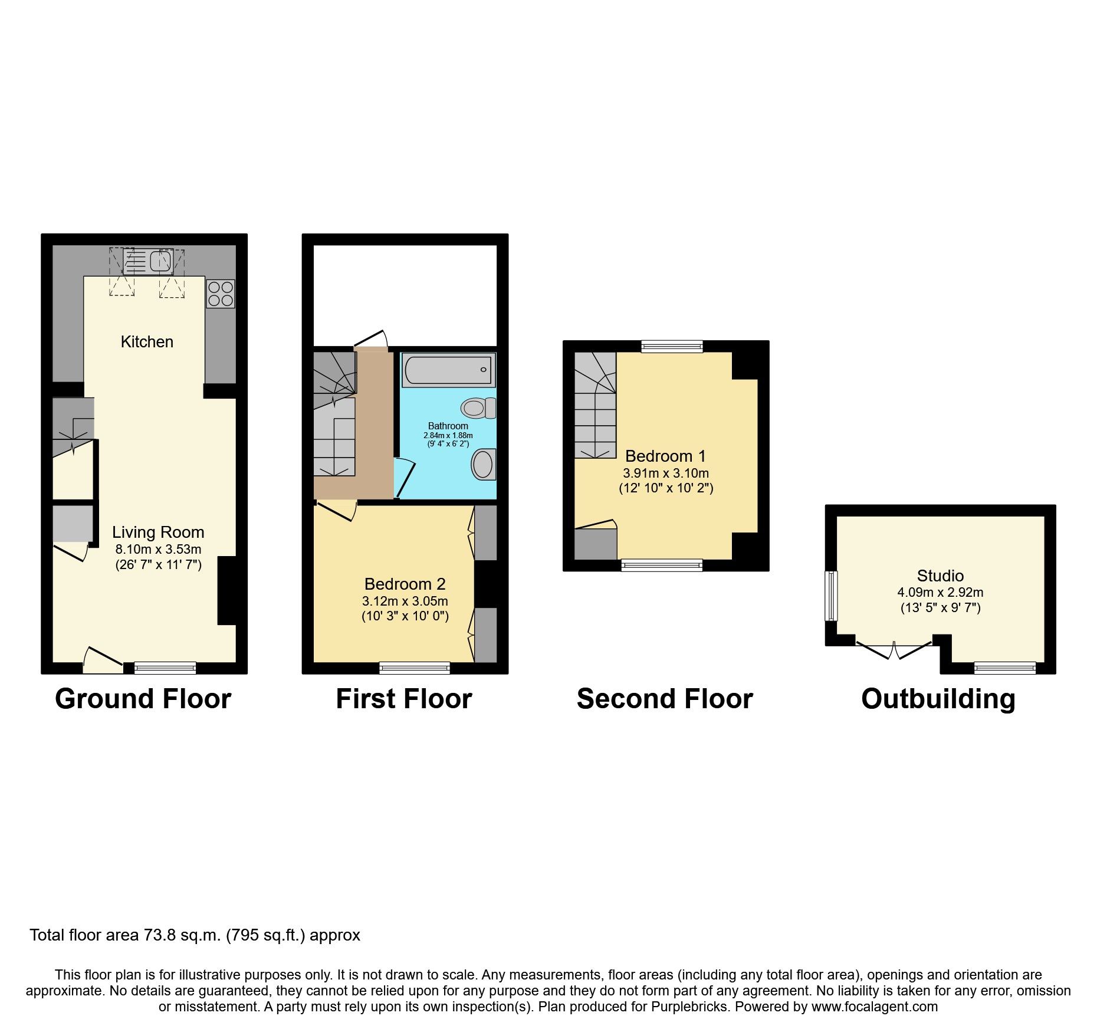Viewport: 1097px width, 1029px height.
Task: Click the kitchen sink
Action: coord(148,261)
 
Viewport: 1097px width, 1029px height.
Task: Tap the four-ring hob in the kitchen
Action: coord(220,294)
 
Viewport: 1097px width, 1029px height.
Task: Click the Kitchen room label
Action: coord(147,342)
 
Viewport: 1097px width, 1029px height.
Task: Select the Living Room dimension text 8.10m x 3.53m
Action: coord(158,550)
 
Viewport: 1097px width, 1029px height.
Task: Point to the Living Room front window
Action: coord(165,668)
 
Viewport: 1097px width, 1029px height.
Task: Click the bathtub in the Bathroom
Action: coord(448,370)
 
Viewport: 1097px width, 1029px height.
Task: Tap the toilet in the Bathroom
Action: coord(478,407)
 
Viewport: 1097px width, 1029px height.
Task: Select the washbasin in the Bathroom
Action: coord(484,465)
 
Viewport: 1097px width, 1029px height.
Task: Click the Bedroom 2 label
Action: coord(405,584)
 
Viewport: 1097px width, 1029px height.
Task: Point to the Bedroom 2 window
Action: coord(415,668)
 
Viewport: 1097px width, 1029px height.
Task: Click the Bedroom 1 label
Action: coord(665,456)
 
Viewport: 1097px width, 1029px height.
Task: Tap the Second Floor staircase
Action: coord(595,407)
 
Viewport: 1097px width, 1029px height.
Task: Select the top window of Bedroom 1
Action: coord(672,347)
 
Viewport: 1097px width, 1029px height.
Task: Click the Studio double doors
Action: coord(894,649)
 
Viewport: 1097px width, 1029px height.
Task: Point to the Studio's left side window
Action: coord(831,596)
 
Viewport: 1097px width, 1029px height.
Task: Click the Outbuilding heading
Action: coord(938,699)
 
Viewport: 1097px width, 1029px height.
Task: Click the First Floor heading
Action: coord(404,699)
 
